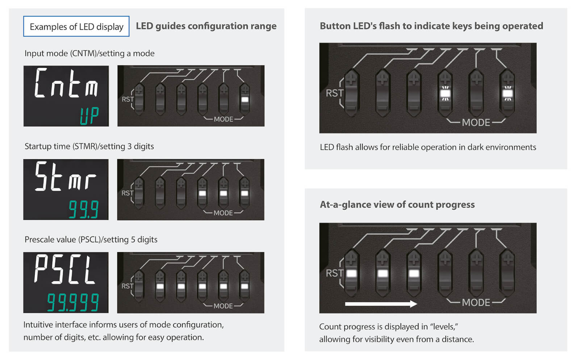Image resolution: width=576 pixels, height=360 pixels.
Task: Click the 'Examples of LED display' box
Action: [76, 26]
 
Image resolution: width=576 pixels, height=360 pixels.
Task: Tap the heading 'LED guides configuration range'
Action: [206, 26]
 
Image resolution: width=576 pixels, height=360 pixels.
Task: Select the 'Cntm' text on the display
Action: [66, 83]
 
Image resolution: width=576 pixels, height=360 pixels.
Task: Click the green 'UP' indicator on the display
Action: [89, 116]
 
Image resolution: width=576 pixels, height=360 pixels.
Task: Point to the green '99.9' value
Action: [84, 209]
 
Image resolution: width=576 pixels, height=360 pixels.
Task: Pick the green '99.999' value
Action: [73, 302]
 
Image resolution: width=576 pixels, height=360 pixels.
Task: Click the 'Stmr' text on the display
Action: [66, 177]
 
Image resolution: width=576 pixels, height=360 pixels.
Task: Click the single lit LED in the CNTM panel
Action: [245, 100]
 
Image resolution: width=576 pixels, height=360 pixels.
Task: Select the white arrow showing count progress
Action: [381, 304]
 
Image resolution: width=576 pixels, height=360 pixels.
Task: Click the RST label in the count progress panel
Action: [334, 273]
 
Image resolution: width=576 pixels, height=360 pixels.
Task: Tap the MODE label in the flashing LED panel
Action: [476, 123]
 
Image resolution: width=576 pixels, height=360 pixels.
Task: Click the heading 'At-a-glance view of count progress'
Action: [397, 205]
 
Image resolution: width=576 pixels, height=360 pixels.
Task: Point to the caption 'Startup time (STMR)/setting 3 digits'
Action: [89, 146]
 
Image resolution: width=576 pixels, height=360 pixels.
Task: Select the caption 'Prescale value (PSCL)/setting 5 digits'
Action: [91, 239]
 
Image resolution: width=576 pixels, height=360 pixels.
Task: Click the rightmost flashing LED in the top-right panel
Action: [508, 94]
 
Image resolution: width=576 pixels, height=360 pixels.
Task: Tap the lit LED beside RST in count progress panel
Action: [351, 273]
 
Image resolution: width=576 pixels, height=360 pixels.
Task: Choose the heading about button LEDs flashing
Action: [431, 26]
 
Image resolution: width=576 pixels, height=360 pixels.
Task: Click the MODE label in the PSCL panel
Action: [223, 306]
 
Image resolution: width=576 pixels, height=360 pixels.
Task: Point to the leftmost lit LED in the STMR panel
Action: [202, 193]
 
